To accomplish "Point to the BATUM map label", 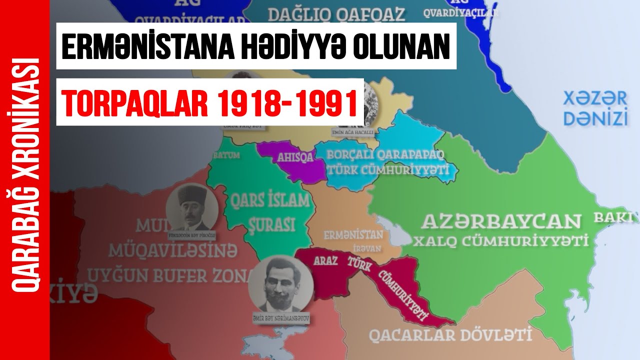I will point(226,155).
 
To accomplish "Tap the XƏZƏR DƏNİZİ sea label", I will point(595,108).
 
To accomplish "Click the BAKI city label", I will point(613,217).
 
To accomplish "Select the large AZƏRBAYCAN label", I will point(502,221).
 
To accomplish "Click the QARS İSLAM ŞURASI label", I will point(269,212).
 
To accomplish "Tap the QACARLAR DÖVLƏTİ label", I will point(450,334).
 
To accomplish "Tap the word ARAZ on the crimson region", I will point(325,261).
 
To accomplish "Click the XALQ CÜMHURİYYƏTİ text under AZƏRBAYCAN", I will point(499,241).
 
